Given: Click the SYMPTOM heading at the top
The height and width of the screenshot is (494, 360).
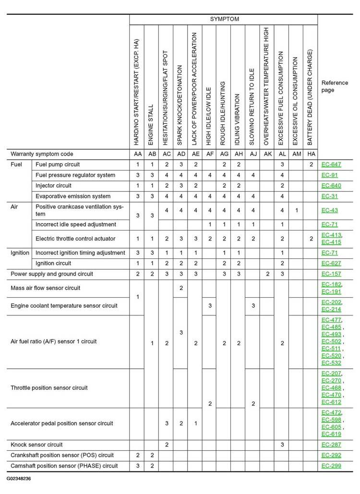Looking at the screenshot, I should (224, 19).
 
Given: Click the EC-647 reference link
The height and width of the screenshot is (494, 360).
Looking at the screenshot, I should (331, 165).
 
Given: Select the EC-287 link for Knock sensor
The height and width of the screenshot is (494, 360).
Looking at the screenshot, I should (331, 445).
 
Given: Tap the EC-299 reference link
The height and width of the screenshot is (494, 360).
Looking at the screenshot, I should (331, 466).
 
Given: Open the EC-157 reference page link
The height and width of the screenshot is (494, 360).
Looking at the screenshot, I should (331, 274).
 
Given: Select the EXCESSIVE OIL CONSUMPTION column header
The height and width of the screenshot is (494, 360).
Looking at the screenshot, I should (296, 101).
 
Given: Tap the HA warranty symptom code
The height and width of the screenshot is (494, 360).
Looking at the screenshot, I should (311, 154).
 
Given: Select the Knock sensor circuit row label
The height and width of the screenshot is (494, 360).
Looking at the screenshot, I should (36, 445).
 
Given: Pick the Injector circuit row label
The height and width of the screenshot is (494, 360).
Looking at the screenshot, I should (53, 186).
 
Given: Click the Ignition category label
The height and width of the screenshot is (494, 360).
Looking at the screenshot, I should (20, 253).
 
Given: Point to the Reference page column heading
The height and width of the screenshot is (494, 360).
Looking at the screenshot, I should (335, 86).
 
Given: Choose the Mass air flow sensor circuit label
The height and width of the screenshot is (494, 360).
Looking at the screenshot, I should (46, 288).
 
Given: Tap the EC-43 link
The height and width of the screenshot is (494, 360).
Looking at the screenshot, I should (329, 210).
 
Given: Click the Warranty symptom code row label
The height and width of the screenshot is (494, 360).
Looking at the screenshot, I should (42, 154).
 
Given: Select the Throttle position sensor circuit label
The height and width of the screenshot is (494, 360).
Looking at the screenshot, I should (49, 387).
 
